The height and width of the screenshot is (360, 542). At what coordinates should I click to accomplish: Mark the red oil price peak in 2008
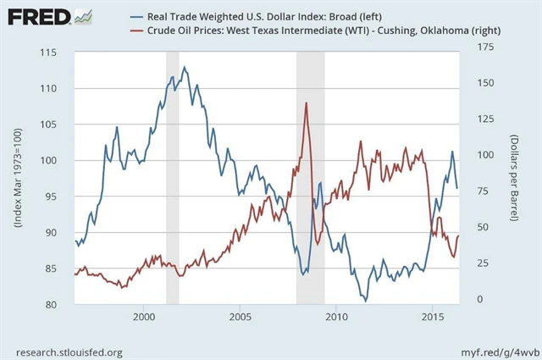click(x=306, y=102)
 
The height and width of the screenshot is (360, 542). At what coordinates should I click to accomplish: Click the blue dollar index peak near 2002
click(x=185, y=67)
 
